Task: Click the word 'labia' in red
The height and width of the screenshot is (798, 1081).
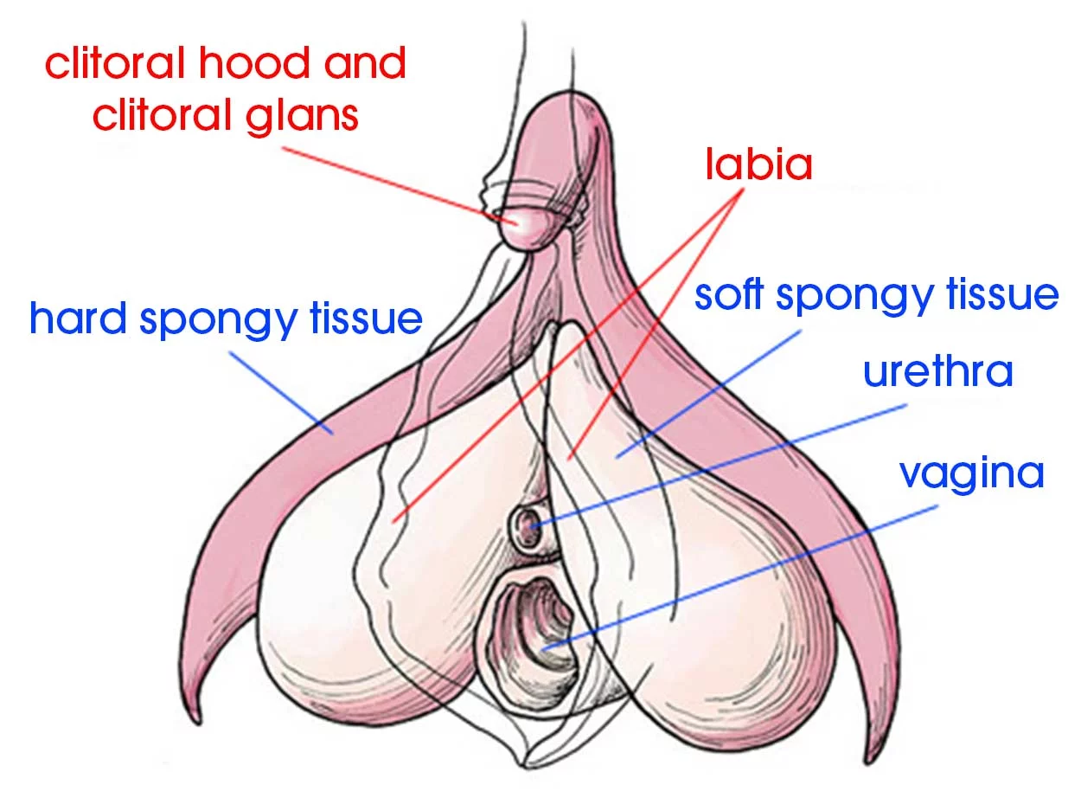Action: click(758, 164)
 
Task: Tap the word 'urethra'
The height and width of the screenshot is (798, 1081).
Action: click(937, 372)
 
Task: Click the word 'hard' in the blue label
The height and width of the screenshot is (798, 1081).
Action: click(80, 319)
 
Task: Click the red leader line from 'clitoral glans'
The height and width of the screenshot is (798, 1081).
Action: click(389, 183)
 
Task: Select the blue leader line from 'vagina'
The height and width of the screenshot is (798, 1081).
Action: click(744, 576)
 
